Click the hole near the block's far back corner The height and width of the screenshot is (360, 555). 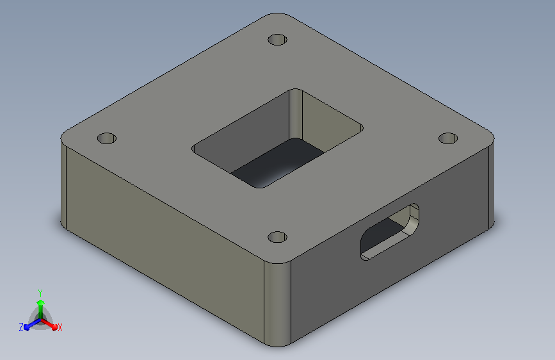pos(278,40)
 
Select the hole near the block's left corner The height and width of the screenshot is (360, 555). pos(106,138)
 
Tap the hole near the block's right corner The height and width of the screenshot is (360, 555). pos(448,138)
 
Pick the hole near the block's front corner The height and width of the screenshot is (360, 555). pos(278,237)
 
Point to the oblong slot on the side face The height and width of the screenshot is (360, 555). pos(389,232)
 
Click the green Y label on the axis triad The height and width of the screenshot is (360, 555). pos(40,293)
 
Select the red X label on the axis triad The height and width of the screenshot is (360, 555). pos(60,328)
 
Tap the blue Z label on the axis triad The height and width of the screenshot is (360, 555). pos(21,327)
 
